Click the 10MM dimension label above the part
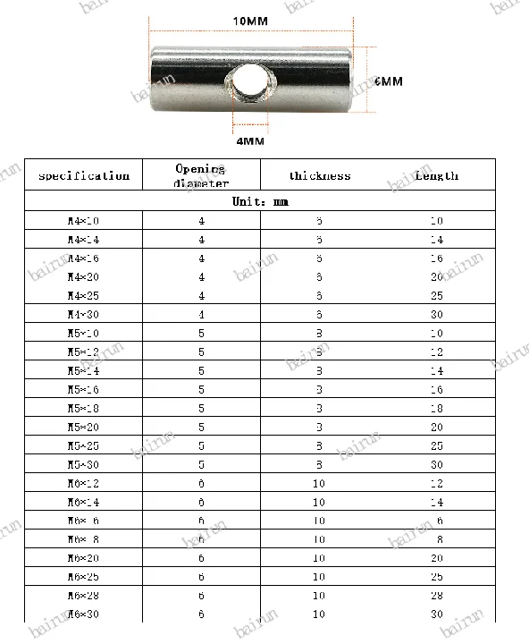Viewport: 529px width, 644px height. click(249, 19)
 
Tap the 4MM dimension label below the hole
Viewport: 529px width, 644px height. click(249, 140)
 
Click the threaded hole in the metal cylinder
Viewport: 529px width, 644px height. click(247, 87)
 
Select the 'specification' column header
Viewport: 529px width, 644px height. click(84, 175)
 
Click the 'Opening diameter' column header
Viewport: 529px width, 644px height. click(201, 175)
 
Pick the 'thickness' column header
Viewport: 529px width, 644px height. click(320, 176)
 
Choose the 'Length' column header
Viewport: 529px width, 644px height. click(436, 175)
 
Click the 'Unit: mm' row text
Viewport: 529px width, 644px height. click(260, 202)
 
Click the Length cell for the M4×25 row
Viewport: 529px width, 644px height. click(436, 295)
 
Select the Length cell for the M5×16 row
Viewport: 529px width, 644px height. click(436, 389)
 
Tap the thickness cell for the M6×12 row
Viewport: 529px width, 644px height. click(320, 483)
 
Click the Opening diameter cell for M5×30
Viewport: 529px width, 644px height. click(201, 464)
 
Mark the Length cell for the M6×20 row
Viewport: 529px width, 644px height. click(436, 558)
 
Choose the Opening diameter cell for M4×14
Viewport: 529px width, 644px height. click(201, 239)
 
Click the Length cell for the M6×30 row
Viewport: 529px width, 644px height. click(436, 614)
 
